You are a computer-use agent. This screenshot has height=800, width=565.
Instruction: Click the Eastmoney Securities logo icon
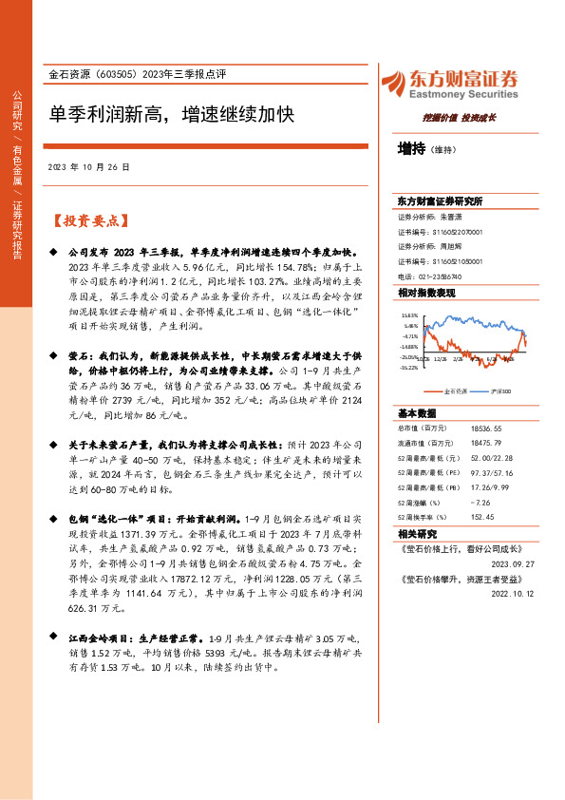pyautogui.click(x=391, y=82)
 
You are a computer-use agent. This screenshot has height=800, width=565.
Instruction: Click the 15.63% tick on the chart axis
pyautogui.click(x=410, y=314)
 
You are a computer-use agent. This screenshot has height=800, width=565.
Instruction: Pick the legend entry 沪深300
pyautogui.click(x=502, y=390)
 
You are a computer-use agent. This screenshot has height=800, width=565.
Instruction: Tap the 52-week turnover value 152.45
pyautogui.click(x=483, y=517)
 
